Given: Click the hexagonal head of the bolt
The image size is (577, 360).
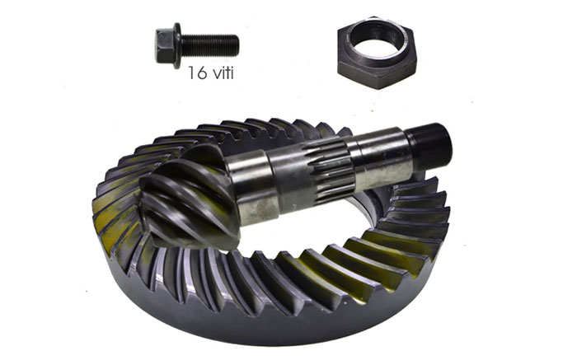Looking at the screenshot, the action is pos(163,45).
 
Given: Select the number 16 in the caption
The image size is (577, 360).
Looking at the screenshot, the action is pos(197,72).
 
